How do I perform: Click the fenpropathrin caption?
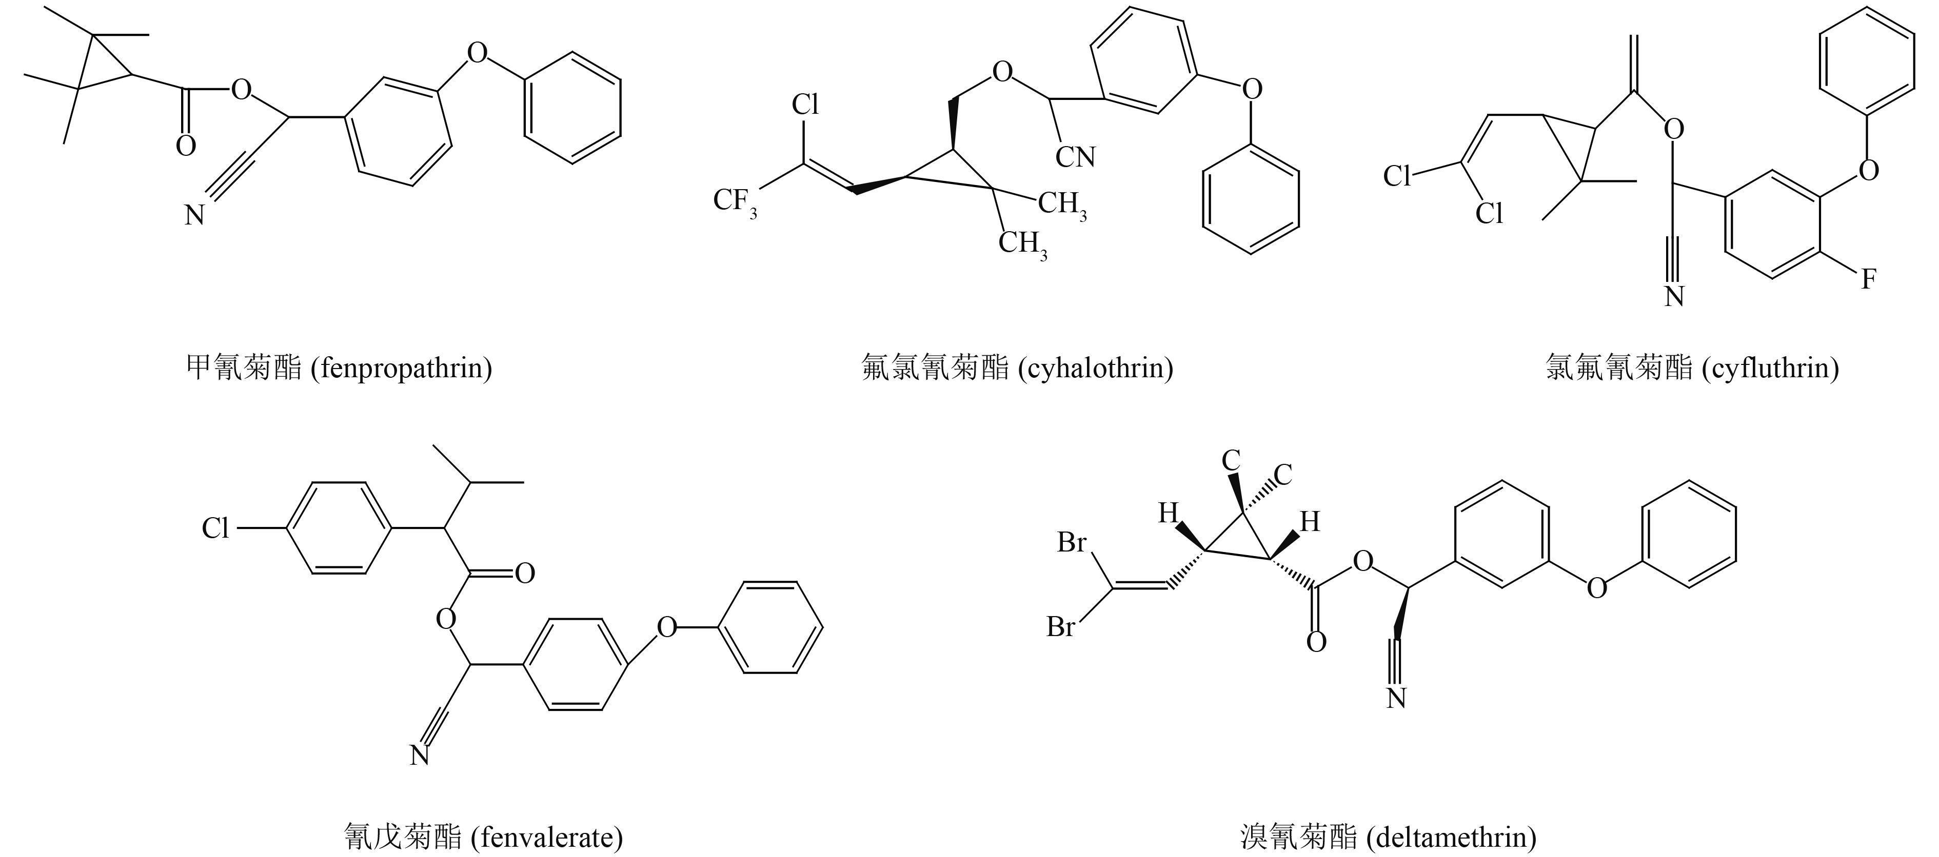339,368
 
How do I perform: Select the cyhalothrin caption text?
1017,368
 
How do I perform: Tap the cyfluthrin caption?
1692,368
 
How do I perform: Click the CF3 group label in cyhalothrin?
734,201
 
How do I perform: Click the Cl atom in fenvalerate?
215,528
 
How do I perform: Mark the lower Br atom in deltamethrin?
1061,627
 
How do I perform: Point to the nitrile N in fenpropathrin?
195,216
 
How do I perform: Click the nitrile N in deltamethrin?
1396,698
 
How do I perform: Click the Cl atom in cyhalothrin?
805,105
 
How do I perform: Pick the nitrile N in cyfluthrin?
1674,296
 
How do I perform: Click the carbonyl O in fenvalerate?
525,574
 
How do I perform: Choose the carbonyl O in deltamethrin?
1316,642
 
